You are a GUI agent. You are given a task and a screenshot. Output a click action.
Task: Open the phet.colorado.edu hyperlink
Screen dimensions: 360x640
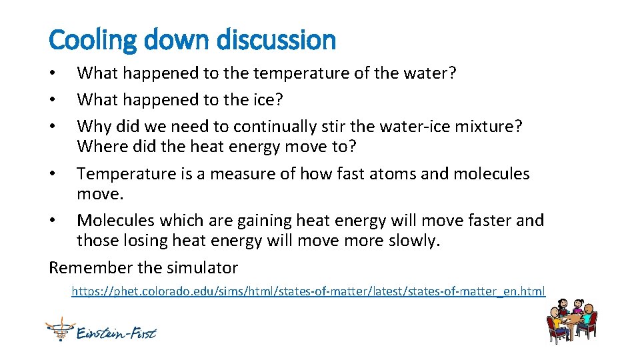(x=308, y=291)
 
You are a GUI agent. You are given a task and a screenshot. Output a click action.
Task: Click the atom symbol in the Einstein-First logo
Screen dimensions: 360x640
(x=59, y=329)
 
